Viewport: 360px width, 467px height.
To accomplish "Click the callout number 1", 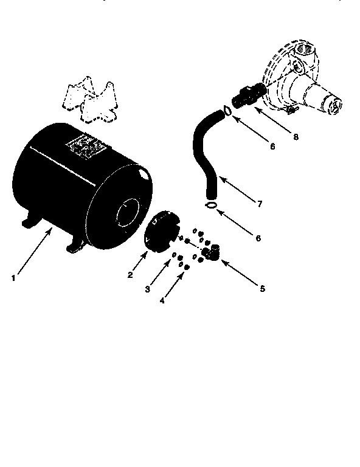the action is coord(13,278).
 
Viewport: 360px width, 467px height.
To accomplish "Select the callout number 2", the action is coord(130,275).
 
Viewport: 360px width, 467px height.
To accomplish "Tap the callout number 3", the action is coord(147,289).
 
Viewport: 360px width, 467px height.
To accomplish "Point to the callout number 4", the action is coord(162,300).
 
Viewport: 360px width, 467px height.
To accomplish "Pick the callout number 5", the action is coord(262,289).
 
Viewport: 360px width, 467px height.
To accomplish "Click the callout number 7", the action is coord(260,204).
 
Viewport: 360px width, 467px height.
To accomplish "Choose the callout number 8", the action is coord(296,137).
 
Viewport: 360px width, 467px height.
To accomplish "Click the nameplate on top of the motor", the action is coord(86,146).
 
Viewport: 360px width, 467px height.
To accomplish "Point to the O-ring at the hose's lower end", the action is coord(211,205).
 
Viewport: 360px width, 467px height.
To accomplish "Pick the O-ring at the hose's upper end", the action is coord(227,111).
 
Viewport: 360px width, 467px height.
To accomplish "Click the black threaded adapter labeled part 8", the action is coord(248,95).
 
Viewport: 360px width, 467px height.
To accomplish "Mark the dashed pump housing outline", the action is coord(301,78).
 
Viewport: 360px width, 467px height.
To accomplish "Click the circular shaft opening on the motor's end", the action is coord(128,212).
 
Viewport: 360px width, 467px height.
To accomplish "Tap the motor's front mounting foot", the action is coord(74,246).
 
